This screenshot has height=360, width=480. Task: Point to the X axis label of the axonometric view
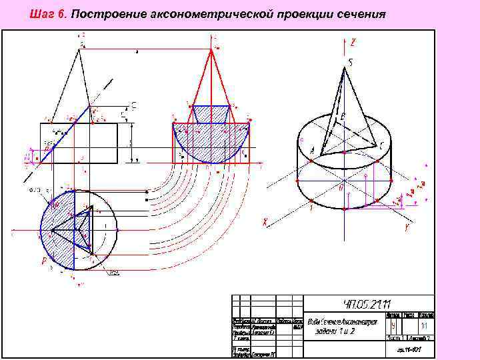pos(265,221)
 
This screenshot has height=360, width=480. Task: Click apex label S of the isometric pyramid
pos(350,63)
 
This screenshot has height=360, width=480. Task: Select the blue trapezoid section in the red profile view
pos(211,113)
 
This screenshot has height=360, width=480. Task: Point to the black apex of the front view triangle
pos(80,50)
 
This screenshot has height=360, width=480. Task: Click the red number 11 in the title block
pos(423,326)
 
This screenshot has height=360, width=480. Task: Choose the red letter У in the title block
pos(394,326)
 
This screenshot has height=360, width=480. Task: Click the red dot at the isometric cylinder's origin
pos(344,180)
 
